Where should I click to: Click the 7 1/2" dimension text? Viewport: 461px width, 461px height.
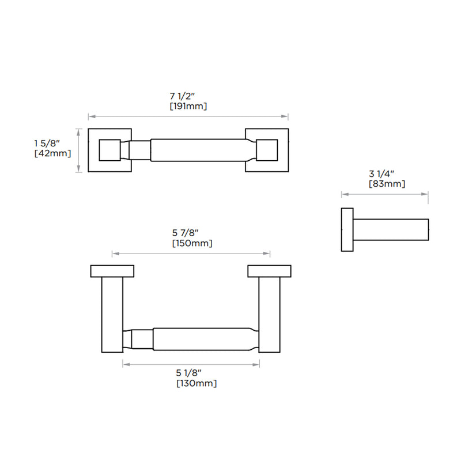click(x=188, y=96)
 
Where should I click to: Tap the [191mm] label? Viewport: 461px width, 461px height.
click(x=188, y=107)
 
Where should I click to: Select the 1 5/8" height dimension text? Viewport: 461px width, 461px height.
click(x=53, y=142)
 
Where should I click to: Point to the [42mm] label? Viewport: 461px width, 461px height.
click(x=52, y=153)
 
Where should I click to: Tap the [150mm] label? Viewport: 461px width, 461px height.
click(x=192, y=243)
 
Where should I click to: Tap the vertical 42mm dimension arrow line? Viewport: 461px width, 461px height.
click(x=79, y=150)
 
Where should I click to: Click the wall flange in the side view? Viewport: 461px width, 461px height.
click(x=347, y=229)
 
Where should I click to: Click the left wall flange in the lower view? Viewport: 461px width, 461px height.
click(x=112, y=271)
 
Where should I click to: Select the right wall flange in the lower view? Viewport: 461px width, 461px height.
click(x=269, y=271)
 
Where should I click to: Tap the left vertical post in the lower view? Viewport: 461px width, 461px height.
click(x=112, y=314)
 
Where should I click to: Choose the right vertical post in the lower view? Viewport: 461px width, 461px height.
click(x=269, y=314)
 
